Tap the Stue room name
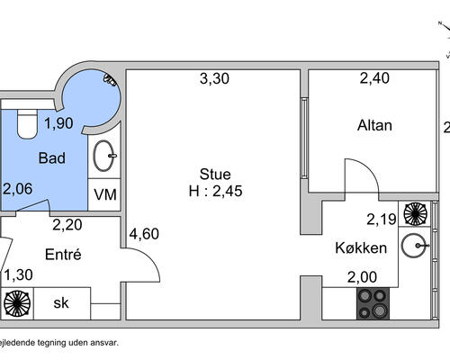(215, 175)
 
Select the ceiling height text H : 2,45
(215, 191)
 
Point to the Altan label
(375, 125)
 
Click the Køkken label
(360, 247)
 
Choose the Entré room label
(63, 255)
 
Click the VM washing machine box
(106, 194)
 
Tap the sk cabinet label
(62, 302)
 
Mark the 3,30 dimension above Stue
(214, 79)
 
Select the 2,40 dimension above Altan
(375, 79)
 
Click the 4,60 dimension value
(144, 234)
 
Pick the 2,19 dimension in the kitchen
(381, 218)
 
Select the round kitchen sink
(415, 244)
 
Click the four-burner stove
(373, 302)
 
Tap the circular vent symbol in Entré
(16, 302)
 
